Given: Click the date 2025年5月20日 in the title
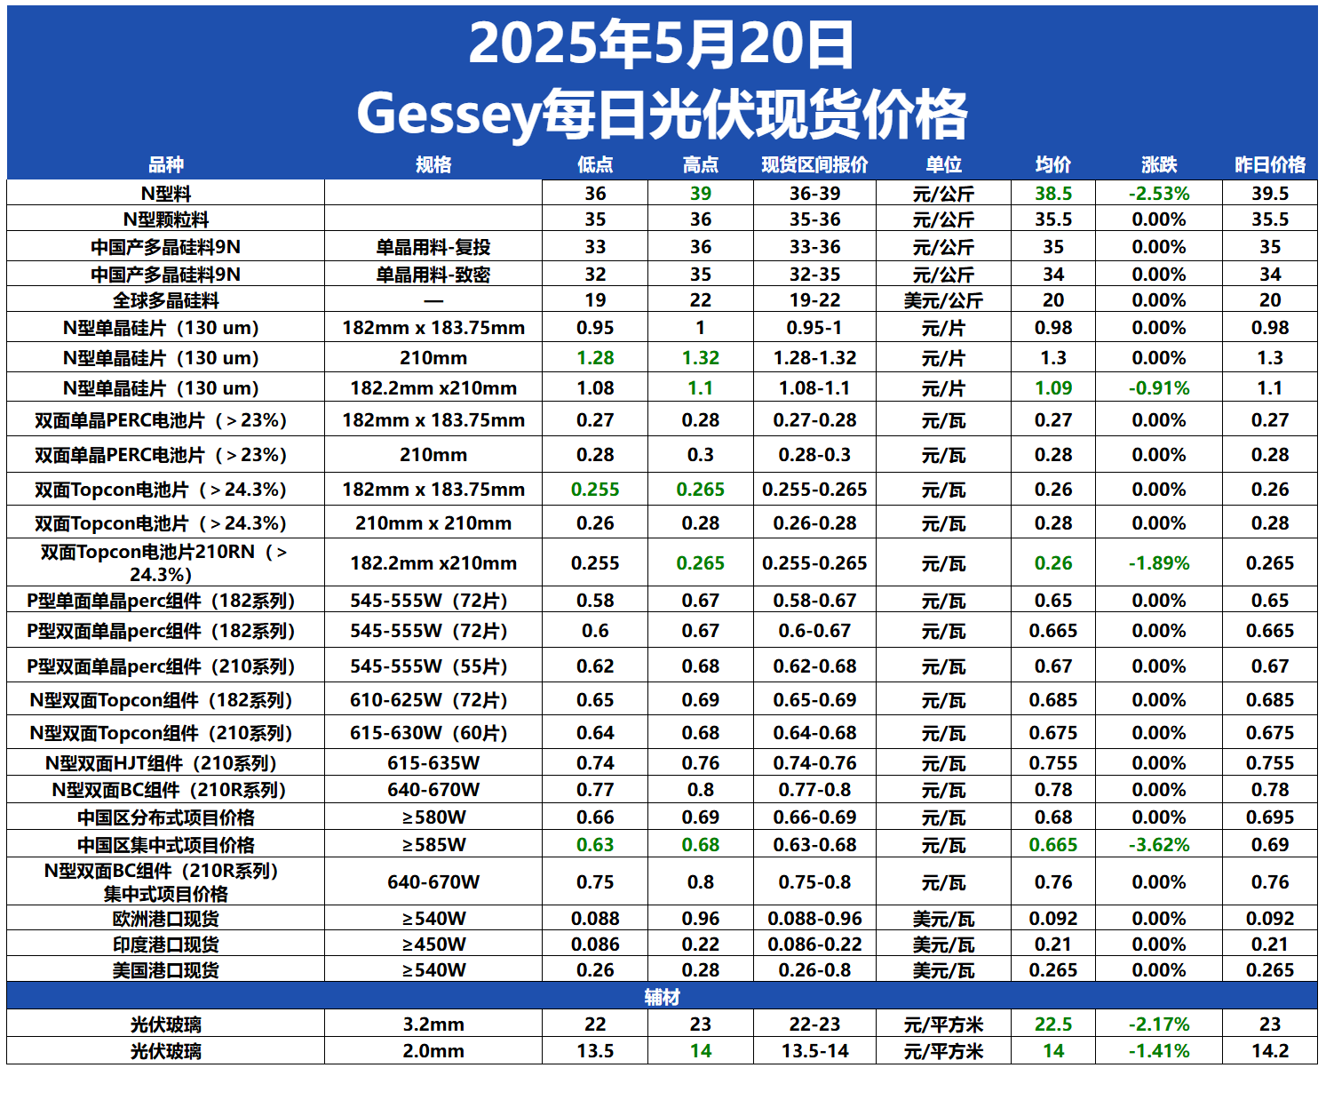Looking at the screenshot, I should (661, 44).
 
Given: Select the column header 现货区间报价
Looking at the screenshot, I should (814, 164).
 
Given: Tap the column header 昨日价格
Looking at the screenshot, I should (1270, 164).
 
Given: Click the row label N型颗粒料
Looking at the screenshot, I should (166, 219).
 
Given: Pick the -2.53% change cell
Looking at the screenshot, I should (1159, 194).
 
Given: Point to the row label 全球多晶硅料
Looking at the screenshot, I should (166, 300).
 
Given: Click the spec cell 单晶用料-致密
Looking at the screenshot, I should (433, 275).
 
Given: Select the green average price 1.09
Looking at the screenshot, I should (1053, 388).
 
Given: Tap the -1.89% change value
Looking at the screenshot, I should (1159, 563).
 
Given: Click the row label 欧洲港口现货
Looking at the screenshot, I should (166, 919).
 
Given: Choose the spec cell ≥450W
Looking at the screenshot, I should (433, 945).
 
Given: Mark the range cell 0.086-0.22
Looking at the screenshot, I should (814, 945).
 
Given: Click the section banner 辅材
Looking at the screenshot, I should (662, 997).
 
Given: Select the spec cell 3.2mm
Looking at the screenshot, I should (433, 1024).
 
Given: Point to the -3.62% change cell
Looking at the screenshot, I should (1159, 845).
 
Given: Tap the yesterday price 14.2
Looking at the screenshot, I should (1270, 1051).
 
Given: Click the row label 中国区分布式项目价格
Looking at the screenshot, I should (166, 817).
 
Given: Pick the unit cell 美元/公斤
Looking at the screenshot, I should (943, 300).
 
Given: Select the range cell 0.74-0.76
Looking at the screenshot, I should (814, 763).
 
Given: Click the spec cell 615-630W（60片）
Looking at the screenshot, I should (433, 733).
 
